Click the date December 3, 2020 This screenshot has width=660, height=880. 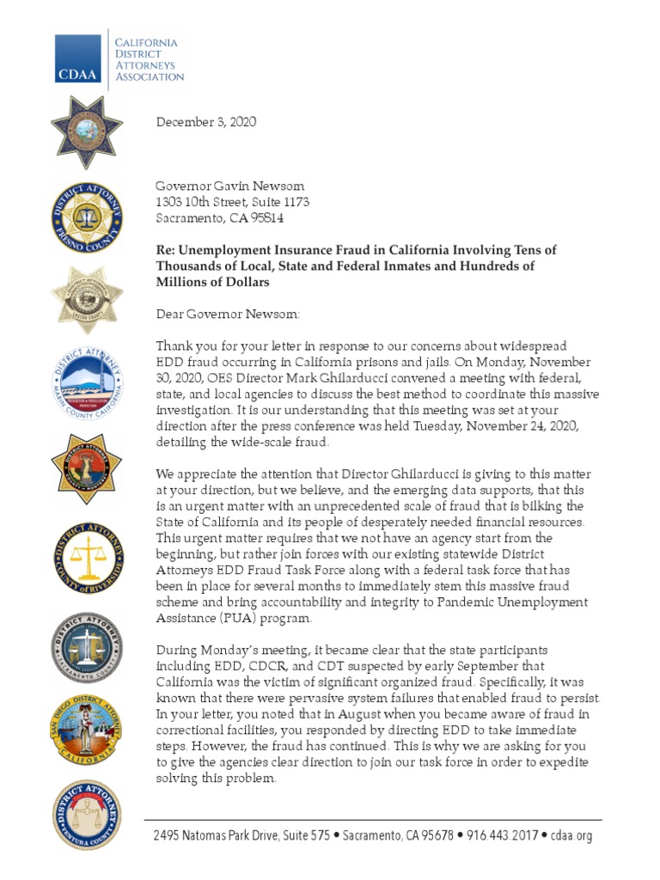[x=205, y=122]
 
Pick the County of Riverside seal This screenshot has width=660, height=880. [x=86, y=551]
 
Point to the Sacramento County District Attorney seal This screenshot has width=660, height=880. [x=86, y=645]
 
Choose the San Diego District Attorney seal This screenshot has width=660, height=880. [x=86, y=730]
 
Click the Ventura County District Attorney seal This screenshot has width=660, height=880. [x=86, y=814]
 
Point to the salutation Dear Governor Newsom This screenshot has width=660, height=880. [x=228, y=314]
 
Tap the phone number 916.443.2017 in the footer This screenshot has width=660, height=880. [x=502, y=835]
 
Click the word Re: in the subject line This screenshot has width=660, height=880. [x=165, y=250]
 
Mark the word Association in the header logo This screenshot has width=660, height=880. [x=150, y=76]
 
